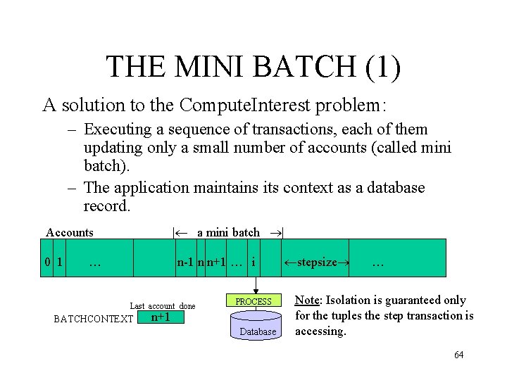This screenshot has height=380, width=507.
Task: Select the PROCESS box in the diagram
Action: click(x=254, y=301)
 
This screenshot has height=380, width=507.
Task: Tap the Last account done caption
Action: click(x=163, y=305)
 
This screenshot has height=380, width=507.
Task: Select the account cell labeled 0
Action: click(x=47, y=263)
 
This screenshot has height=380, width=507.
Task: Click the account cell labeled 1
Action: click(x=61, y=263)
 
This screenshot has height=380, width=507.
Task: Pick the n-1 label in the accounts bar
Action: click(x=186, y=263)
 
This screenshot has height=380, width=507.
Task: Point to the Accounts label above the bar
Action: click(x=70, y=232)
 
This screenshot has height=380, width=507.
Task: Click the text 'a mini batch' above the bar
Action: click(x=228, y=232)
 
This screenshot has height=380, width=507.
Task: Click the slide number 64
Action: click(x=458, y=354)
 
